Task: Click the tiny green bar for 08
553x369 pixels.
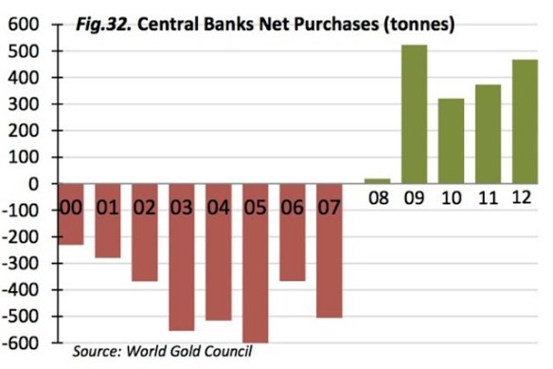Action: point(377,180)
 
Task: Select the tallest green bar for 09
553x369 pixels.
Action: point(414,114)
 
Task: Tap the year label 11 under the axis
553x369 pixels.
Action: point(486,201)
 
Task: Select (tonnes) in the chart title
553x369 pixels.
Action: point(422,22)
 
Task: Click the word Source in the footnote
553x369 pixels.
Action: point(98,352)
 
